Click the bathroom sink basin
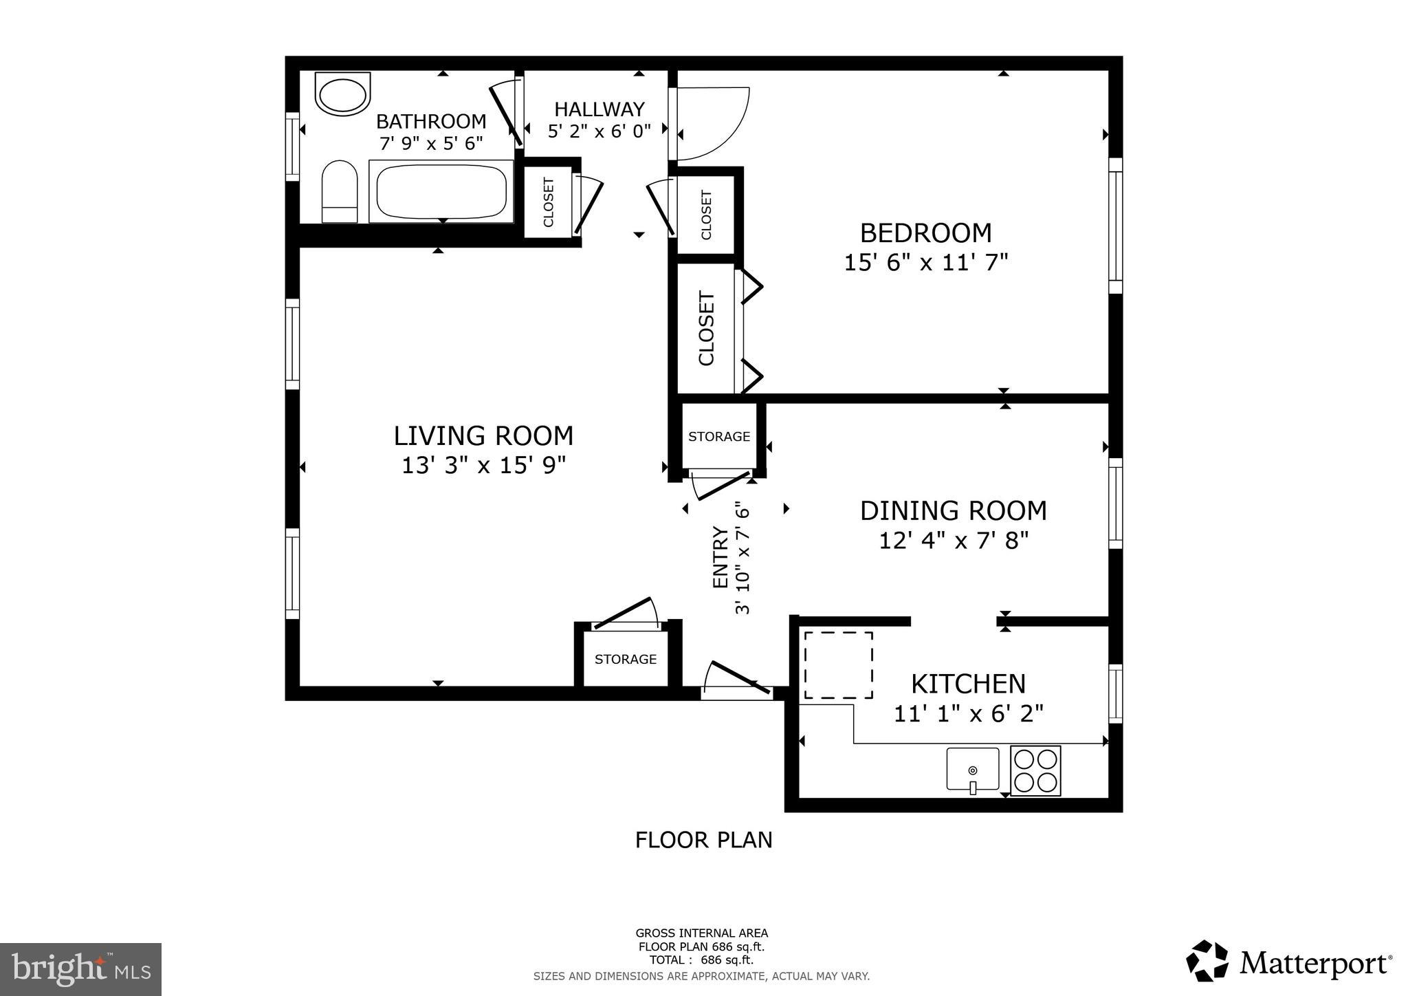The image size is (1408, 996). (342, 95)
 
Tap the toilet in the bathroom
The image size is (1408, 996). (340, 192)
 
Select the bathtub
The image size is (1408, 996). (441, 191)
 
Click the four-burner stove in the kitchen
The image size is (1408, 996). (1035, 770)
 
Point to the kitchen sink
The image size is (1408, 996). (972, 769)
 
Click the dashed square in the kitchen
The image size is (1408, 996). (838, 665)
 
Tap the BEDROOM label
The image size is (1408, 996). (925, 233)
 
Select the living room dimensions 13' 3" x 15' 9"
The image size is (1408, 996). (483, 466)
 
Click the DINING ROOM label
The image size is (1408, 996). (953, 510)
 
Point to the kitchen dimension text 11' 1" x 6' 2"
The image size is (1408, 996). (968, 714)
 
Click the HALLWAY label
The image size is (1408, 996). (599, 109)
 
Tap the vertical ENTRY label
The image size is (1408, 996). (720, 557)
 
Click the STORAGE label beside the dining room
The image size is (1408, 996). (719, 437)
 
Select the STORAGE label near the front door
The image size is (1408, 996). (625, 659)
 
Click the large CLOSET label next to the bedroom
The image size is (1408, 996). (707, 329)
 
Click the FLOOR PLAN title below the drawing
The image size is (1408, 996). (703, 840)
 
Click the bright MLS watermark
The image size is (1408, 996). (80, 969)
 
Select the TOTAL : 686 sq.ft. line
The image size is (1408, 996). (701, 960)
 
